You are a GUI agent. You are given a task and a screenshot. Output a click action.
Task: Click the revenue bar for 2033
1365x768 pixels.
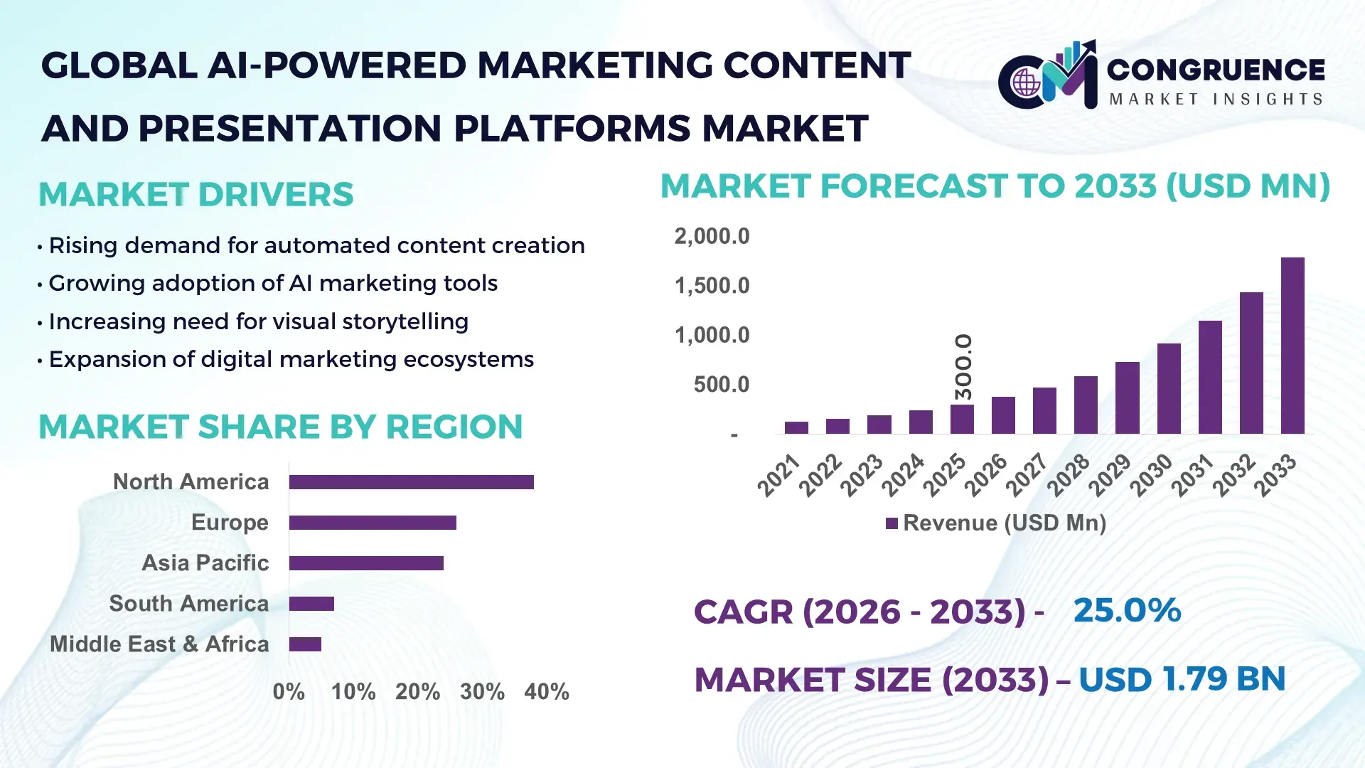pyautogui.click(x=1292, y=346)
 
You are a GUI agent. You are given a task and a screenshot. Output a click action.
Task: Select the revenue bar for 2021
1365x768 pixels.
pyautogui.click(x=796, y=427)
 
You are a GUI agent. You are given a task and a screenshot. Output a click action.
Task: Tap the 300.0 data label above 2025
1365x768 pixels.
pyautogui.click(x=963, y=367)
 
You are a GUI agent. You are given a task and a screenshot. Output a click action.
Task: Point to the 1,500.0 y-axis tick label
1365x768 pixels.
pyautogui.click(x=712, y=286)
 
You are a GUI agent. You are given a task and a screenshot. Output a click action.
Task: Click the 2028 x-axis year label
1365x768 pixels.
pyautogui.click(x=1068, y=474)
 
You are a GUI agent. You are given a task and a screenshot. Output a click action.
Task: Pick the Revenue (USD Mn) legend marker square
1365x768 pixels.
pyautogui.click(x=892, y=524)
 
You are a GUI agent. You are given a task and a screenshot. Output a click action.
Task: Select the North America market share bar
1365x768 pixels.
pyautogui.click(x=411, y=482)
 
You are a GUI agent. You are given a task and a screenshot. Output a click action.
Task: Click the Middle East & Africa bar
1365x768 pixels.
pyautogui.click(x=305, y=644)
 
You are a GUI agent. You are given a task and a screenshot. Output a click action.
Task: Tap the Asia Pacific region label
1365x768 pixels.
pyautogui.click(x=205, y=563)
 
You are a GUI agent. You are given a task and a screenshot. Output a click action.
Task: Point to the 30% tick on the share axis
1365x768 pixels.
pyautogui.click(x=482, y=692)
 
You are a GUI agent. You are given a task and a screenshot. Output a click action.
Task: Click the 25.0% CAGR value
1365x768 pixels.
pyautogui.click(x=1127, y=611)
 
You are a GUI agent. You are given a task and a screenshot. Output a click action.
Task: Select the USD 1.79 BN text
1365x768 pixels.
pyautogui.click(x=1182, y=679)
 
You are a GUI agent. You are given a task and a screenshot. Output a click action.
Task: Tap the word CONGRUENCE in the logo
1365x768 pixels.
pyautogui.click(x=1216, y=70)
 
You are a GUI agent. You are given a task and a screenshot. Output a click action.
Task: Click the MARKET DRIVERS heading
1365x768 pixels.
pyautogui.click(x=196, y=195)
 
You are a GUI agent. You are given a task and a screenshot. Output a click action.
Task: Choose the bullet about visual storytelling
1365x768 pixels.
pyautogui.click(x=258, y=321)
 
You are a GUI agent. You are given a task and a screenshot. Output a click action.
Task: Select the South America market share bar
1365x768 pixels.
pyautogui.click(x=311, y=604)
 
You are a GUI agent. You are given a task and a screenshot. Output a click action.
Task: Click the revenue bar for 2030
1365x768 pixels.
pyautogui.click(x=1169, y=389)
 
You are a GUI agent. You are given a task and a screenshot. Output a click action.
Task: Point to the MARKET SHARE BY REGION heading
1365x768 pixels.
pyautogui.click(x=280, y=427)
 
